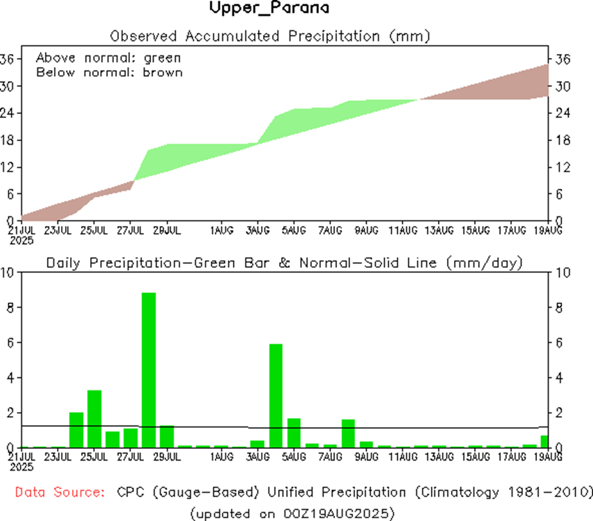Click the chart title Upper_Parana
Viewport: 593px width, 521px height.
coord(269,9)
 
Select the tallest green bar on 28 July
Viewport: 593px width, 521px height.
coord(149,370)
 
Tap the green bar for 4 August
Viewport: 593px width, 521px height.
coord(276,395)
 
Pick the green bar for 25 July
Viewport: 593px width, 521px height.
coord(95,419)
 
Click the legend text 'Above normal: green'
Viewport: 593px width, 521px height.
coord(108,57)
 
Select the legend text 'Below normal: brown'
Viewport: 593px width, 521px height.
coord(109,72)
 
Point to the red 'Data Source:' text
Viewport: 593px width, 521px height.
coord(60,493)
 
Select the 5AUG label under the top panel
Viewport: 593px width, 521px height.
coord(293,229)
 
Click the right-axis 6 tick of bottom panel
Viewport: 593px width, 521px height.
coord(560,343)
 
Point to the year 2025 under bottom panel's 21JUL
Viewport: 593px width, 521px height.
coord(22,465)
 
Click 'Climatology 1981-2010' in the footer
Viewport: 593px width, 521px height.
coord(500,493)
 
